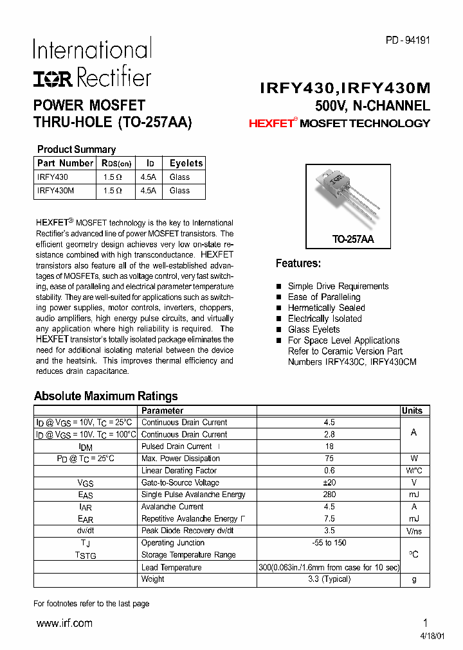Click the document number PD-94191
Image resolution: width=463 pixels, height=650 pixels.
pos(408,40)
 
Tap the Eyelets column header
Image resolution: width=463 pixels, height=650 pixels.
pos(186,163)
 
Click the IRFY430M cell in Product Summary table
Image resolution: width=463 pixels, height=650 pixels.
pos(56,191)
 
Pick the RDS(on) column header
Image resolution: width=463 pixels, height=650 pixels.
pos(116,163)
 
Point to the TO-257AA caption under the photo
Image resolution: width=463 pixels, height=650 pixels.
pos(352,239)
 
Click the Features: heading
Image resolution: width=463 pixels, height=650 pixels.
pos(298,263)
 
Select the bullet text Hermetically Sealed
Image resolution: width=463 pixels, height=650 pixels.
pos(326,308)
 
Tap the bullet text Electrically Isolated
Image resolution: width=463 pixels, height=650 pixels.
pos(325,319)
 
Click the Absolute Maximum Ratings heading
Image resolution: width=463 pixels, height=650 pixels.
pos(105,396)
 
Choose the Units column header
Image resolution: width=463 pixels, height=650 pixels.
pos(412,411)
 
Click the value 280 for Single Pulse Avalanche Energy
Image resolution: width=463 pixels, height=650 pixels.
pos(329,495)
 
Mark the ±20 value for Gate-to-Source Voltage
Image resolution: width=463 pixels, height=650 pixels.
pos(329,483)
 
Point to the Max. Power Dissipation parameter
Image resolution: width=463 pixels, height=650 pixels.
pos(180,459)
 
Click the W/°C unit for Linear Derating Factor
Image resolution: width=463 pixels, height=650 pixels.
pos(413,471)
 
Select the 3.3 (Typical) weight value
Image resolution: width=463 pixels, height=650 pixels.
pos(329,579)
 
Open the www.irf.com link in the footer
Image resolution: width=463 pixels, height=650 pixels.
pos(64,623)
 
